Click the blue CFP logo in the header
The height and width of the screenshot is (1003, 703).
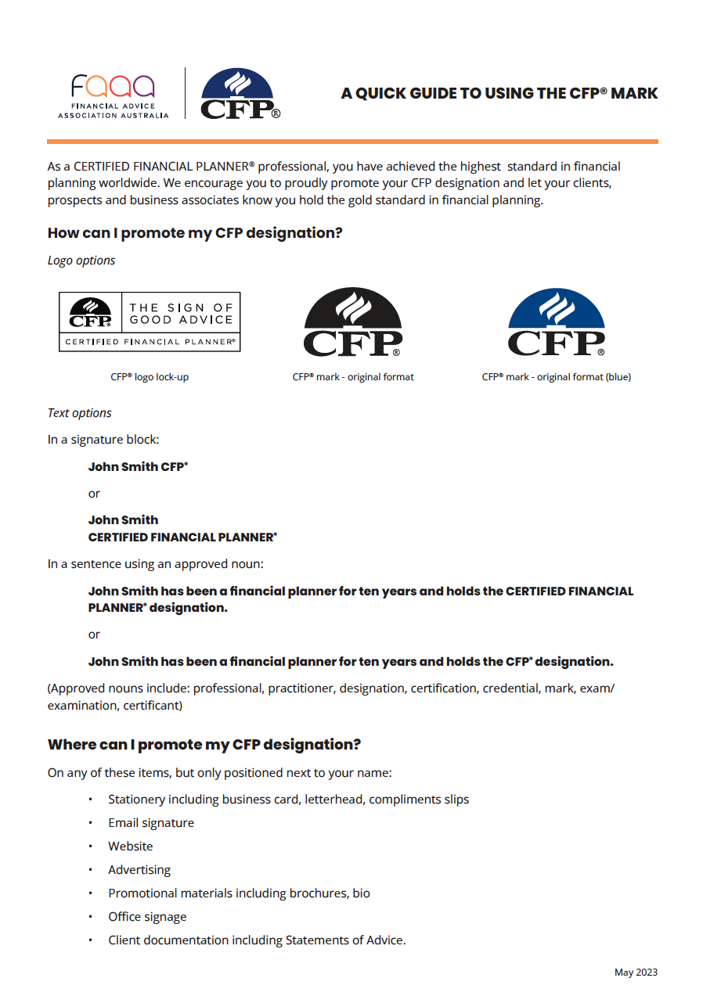pos(238,95)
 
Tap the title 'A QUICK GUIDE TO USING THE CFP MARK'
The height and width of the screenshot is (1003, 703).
pos(499,94)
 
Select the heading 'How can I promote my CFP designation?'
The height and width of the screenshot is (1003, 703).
pos(195,233)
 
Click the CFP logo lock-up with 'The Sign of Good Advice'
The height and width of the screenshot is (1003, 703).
pos(150,322)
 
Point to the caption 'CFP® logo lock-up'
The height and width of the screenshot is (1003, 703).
pos(150,377)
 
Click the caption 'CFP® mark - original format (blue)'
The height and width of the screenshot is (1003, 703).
pos(556,377)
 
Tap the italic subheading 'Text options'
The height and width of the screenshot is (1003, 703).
pos(80,413)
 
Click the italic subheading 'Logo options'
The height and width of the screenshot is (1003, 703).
pos(81,261)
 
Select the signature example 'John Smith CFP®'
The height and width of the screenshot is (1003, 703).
pos(138,467)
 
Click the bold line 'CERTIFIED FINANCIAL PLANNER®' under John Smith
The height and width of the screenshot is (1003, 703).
pos(182,537)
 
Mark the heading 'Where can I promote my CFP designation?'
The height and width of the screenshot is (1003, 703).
pos(204,744)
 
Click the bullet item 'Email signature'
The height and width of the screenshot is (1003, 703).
pos(151,823)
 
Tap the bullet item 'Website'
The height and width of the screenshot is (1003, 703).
pos(131,847)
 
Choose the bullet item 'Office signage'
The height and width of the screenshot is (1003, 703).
pos(147,917)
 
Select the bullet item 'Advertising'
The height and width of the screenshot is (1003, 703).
pos(139,870)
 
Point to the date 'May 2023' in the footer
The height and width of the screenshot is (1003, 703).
pos(636,972)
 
